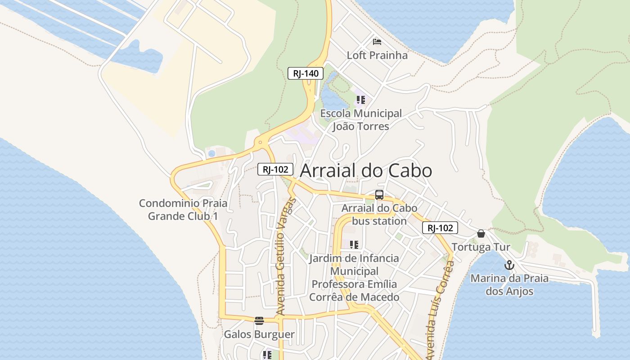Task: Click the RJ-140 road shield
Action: click(x=306, y=73)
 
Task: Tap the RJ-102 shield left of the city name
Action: click(x=275, y=169)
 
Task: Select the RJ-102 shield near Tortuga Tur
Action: click(x=440, y=228)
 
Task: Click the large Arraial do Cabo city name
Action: click(x=366, y=171)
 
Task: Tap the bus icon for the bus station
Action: click(x=379, y=195)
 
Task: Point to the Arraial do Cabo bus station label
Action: click(x=379, y=215)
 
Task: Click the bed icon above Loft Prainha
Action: click(x=377, y=42)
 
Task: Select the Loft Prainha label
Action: click(x=377, y=55)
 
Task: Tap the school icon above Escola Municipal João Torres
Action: click(x=360, y=99)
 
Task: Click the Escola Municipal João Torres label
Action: click(x=361, y=120)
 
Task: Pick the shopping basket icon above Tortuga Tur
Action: click(x=481, y=234)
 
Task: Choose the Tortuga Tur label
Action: click(x=481, y=247)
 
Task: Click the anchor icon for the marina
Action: click(x=509, y=265)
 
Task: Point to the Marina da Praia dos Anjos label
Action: click(x=509, y=284)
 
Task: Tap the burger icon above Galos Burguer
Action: click(x=259, y=321)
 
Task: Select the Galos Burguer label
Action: click(x=259, y=334)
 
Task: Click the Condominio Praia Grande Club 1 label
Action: click(x=183, y=210)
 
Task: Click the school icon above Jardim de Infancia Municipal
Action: click(x=354, y=244)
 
